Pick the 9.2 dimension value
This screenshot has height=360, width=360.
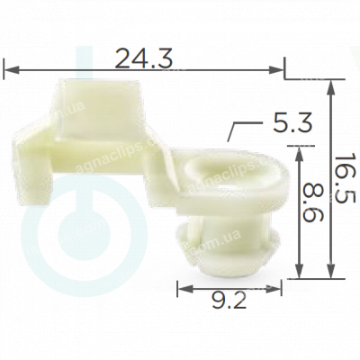pyautogui.click(x=229, y=302)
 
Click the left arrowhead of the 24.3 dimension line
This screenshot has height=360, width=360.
pyautogui.click(x=9, y=66)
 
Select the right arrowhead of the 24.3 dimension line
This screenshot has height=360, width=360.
pyautogui.click(x=281, y=66)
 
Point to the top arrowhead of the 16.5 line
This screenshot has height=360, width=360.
pyautogui.click(x=331, y=83)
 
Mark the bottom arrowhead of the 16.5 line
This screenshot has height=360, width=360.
pyautogui.click(x=331, y=276)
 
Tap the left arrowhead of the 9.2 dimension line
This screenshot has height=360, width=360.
pyautogui.click(x=182, y=288)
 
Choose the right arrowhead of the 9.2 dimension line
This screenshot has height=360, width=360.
pyautogui.click(x=281, y=288)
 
